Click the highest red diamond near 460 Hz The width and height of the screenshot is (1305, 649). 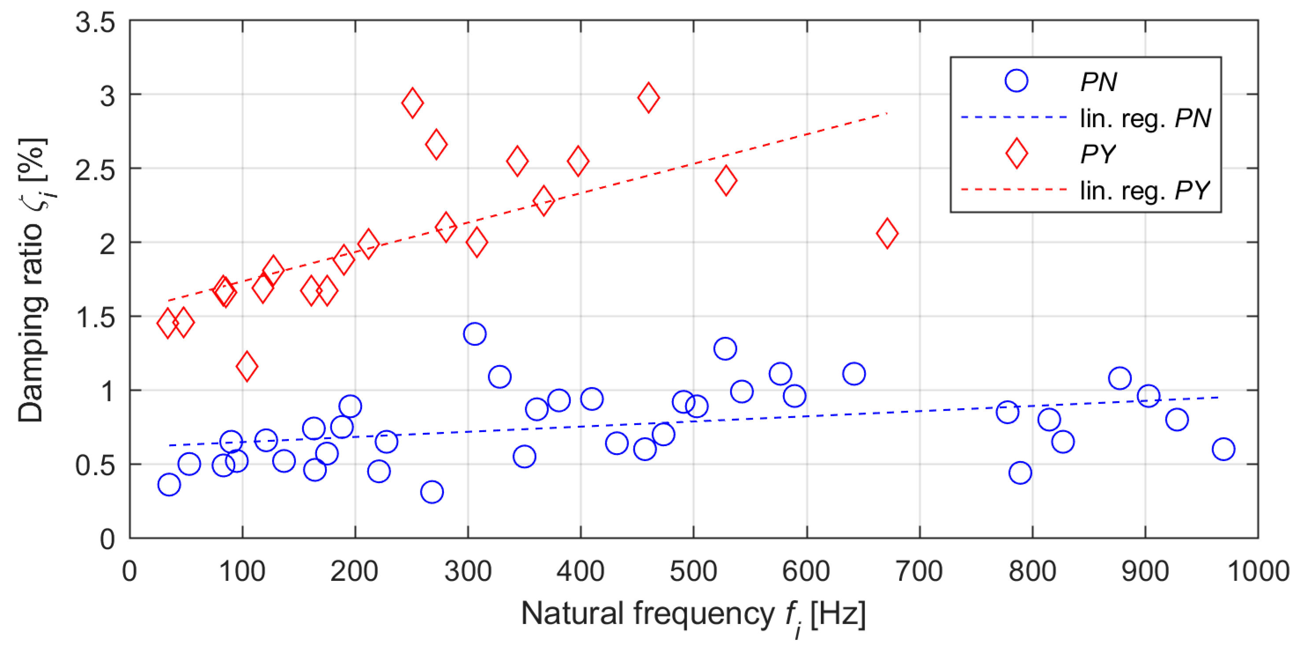(x=648, y=97)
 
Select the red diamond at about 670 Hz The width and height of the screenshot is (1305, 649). (x=887, y=233)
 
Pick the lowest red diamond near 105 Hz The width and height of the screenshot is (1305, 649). (x=247, y=367)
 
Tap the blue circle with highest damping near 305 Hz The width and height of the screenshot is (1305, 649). (x=475, y=334)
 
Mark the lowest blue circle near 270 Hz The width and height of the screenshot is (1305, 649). (x=432, y=491)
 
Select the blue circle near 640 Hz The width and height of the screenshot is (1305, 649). (x=854, y=374)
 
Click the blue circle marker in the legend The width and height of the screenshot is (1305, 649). (x=1016, y=81)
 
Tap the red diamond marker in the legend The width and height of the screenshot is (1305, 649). (x=1016, y=154)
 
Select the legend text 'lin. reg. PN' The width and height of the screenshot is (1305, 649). (x=1146, y=118)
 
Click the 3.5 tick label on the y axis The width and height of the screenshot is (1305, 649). (x=95, y=23)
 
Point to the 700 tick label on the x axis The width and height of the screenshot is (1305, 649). (x=919, y=571)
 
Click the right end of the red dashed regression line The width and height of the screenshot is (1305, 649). (x=887, y=114)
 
